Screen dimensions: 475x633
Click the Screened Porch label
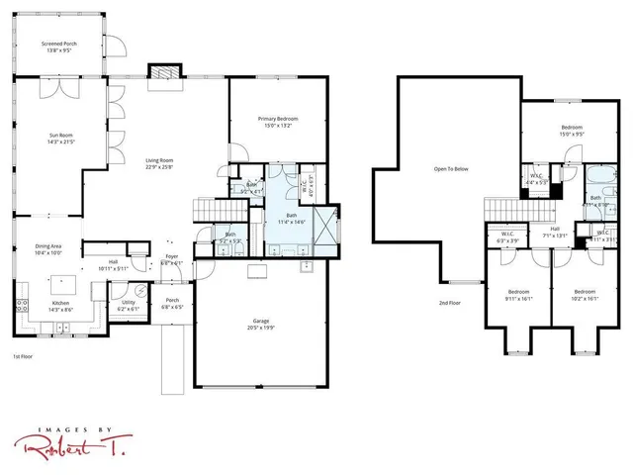[60, 47]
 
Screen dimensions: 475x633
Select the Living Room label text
[159, 163]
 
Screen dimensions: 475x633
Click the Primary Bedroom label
[278, 123]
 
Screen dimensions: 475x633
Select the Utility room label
[129, 306]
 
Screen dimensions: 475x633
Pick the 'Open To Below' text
[450, 169]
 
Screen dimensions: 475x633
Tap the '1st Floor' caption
[23, 355]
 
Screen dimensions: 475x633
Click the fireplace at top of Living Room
[162, 75]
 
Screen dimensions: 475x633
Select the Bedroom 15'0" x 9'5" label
[572, 131]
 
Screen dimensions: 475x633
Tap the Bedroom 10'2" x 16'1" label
[585, 295]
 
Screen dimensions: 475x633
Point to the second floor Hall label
[555, 232]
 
